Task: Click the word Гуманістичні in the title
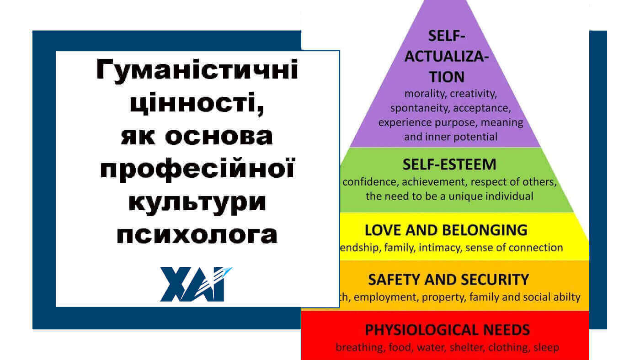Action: pyautogui.click(x=197, y=71)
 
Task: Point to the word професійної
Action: pyautogui.click(x=197, y=169)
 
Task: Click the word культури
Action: pyautogui.click(x=197, y=202)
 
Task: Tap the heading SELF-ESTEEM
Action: pyautogui.click(x=449, y=164)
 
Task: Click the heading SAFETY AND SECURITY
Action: pyautogui.click(x=448, y=279)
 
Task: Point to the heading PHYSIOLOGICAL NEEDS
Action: pyautogui.click(x=447, y=329)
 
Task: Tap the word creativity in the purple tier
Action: pyautogui.click(x=473, y=94)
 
